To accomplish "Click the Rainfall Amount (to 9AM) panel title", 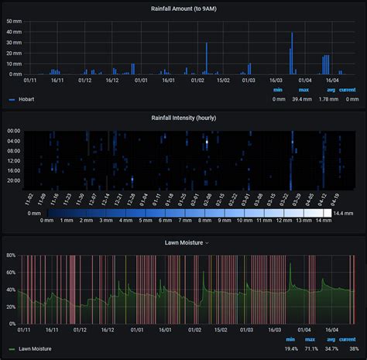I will [x=183, y=9].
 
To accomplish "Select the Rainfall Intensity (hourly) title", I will [x=183, y=118].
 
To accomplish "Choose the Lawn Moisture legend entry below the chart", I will [x=34, y=349].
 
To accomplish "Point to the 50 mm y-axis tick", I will [x=14, y=22].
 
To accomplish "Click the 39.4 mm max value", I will [x=304, y=99].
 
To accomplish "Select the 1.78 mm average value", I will [x=328, y=99].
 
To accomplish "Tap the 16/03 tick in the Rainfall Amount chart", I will [x=276, y=80].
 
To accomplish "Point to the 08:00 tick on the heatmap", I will [x=14, y=151].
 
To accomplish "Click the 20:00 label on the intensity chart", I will [x=14, y=180].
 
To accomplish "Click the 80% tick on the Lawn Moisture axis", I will [x=10, y=255].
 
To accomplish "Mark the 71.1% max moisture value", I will [x=311, y=349].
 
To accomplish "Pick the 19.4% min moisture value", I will [x=290, y=349].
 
